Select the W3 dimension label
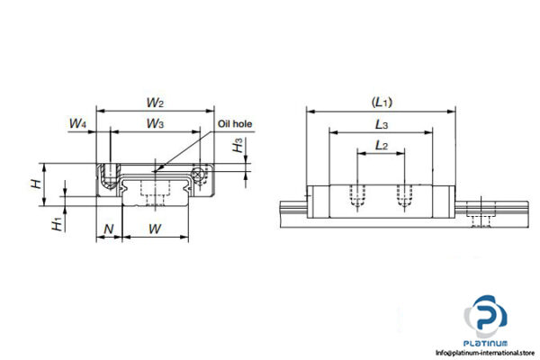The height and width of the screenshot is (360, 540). (155, 122)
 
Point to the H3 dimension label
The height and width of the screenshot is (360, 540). (237, 148)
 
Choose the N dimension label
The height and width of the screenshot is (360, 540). (109, 229)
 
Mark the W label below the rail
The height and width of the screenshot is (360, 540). (155, 229)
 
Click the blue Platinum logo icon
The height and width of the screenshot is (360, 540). (487, 319)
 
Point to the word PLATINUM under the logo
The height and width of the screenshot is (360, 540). (489, 342)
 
